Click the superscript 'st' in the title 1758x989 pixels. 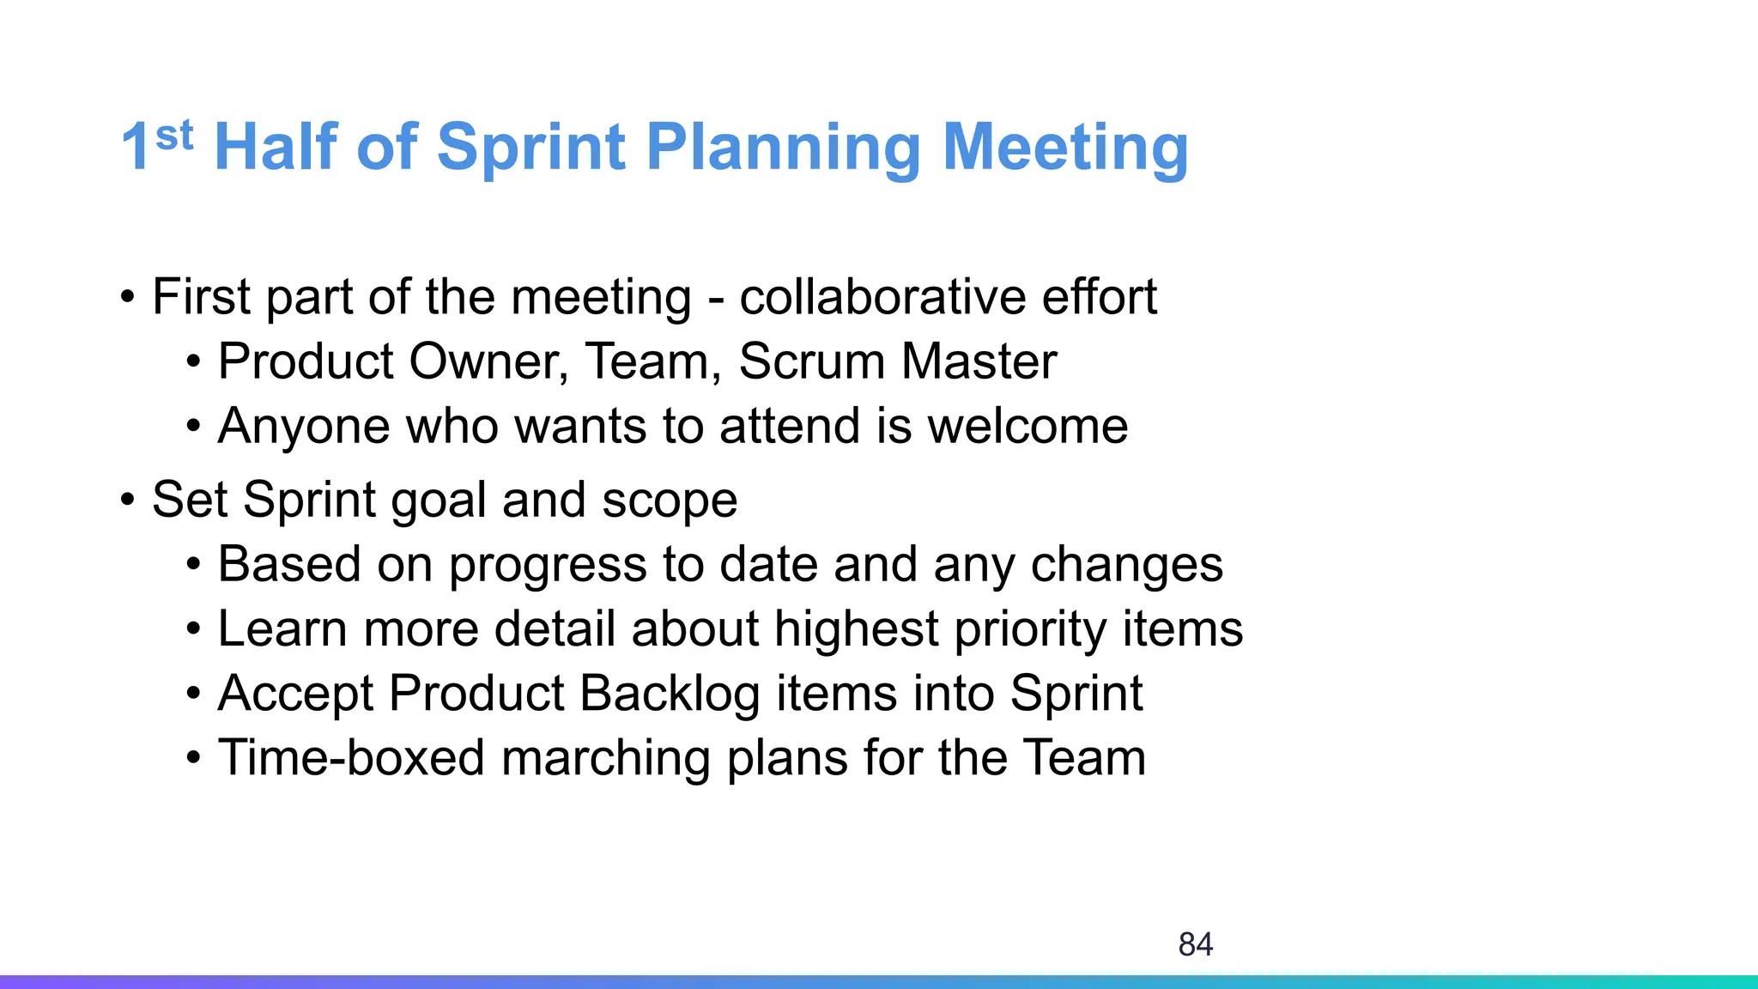tap(174, 135)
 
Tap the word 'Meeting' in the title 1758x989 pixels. tap(1065, 148)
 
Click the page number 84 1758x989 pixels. tap(1195, 944)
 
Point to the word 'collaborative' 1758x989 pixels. tap(882, 297)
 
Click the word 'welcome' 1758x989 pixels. tap(1028, 426)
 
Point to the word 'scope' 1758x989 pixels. tap(669, 501)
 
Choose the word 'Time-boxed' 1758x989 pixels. tap(351, 758)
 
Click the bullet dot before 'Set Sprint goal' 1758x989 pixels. tap(128, 500)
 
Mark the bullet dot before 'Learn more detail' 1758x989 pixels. tap(194, 629)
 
